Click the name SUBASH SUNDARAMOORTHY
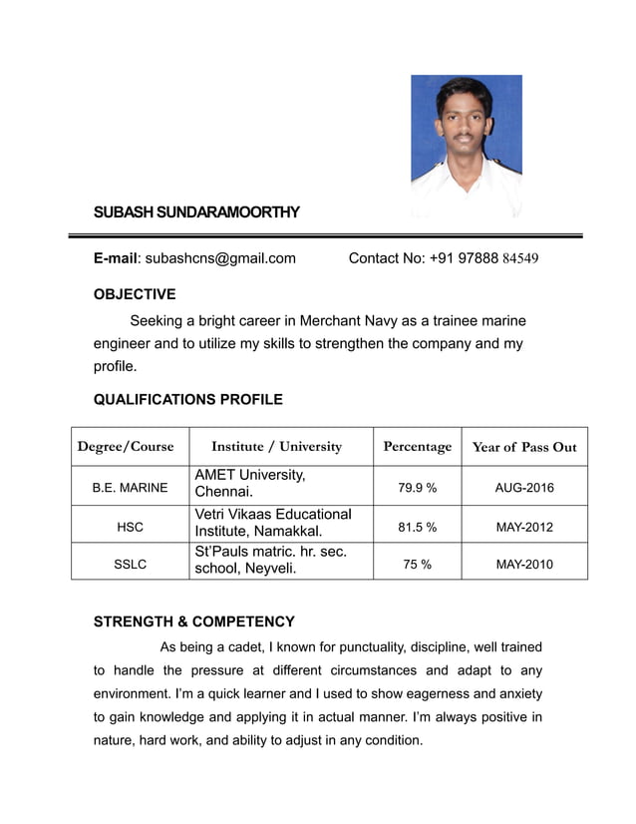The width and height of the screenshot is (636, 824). [x=196, y=212]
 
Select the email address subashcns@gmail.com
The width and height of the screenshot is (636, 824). [x=220, y=258]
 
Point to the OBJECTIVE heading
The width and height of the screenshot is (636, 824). [x=135, y=294]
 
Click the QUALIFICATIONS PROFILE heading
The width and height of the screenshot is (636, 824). [x=187, y=400]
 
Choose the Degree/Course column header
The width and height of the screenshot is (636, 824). [x=126, y=446]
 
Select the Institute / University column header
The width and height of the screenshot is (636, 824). [x=277, y=446]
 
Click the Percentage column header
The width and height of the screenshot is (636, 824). [x=417, y=446]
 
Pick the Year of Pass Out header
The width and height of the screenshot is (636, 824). [x=524, y=446]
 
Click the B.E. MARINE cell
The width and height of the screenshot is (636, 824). [x=130, y=488]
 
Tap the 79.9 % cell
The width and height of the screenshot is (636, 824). [x=417, y=488]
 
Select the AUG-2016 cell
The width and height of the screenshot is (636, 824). [x=524, y=488]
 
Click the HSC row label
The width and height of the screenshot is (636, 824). [x=130, y=527]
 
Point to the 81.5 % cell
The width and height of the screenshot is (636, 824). [x=417, y=527]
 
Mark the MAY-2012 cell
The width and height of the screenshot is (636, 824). [x=524, y=527]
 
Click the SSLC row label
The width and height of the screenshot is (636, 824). [x=130, y=564]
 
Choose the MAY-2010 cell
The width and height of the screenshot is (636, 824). [x=524, y=564]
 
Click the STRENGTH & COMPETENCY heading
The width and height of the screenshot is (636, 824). [x=193, y=621]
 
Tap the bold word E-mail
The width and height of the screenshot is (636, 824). [x=114, y=258]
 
